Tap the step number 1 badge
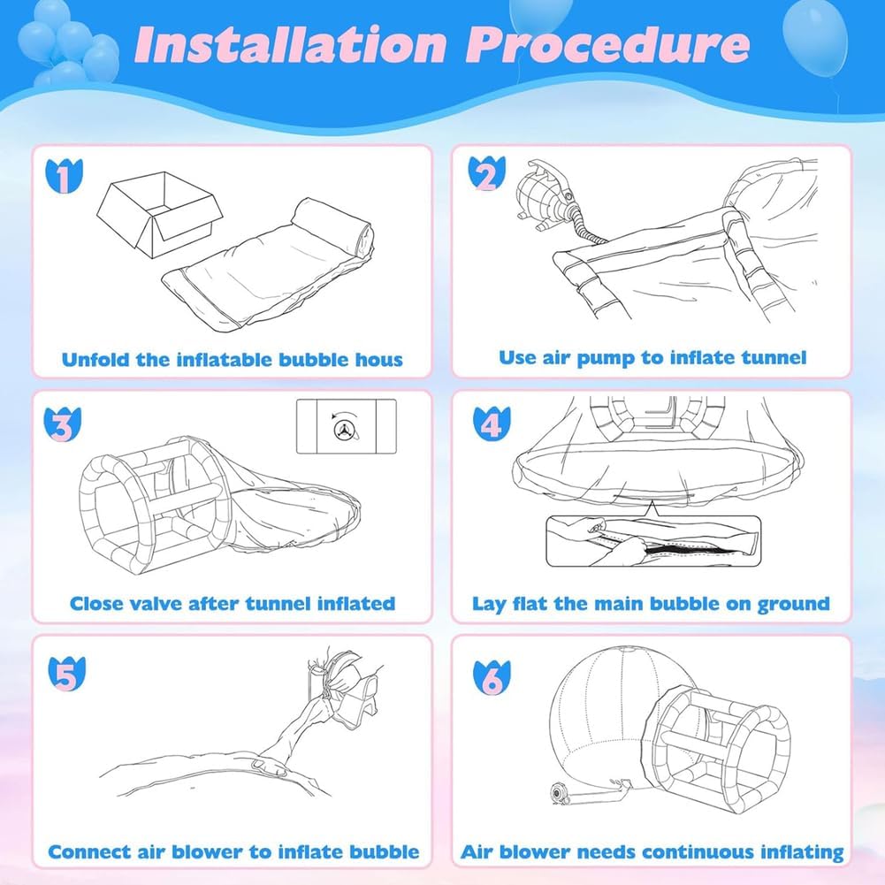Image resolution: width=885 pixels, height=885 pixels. tap(62, 176)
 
